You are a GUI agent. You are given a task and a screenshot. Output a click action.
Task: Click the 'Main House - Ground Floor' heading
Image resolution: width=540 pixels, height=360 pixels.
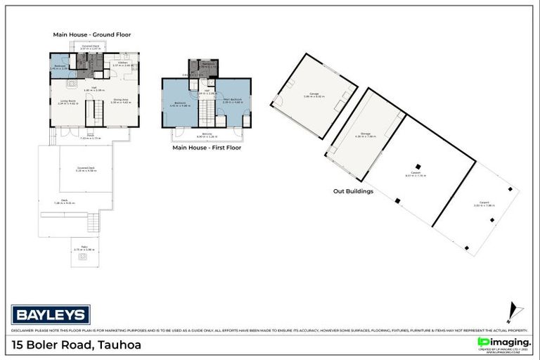tap(92, 34)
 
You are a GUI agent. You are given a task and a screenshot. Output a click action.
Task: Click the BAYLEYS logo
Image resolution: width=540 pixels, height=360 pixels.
tap(50, 314)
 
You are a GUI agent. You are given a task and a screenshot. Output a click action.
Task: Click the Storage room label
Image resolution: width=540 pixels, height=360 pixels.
tap(366, 135)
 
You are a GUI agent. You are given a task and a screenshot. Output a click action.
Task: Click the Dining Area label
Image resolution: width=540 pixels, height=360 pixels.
tap(122, 101)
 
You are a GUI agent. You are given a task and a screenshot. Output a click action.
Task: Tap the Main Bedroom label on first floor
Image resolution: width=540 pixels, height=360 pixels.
tap(232, 101)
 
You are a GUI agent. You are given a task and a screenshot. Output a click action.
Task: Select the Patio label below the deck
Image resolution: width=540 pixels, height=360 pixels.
tap(84, 247)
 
